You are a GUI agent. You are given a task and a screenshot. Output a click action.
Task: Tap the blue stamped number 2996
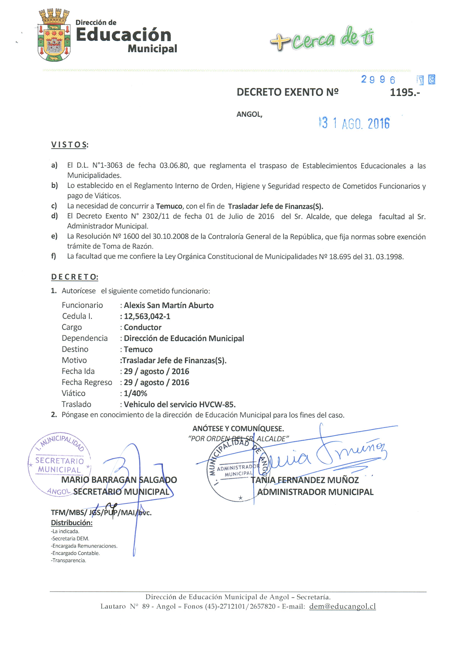pos(378,79)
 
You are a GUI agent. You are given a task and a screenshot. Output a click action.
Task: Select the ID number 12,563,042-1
pos(147,316)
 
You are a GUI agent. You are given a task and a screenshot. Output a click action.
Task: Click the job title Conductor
pos(143,327)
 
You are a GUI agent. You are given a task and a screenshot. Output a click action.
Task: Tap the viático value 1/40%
pos(135,393)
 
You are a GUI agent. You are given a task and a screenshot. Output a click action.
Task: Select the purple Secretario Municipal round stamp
pos(59,465)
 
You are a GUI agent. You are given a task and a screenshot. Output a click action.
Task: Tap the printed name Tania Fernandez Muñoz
pos(305,480)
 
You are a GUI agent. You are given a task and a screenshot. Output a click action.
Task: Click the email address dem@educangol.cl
pos(342,606)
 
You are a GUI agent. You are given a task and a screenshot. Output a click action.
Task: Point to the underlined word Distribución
pos(72,523)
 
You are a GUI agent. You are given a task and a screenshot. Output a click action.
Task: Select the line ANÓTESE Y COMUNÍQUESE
pos(238,429)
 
